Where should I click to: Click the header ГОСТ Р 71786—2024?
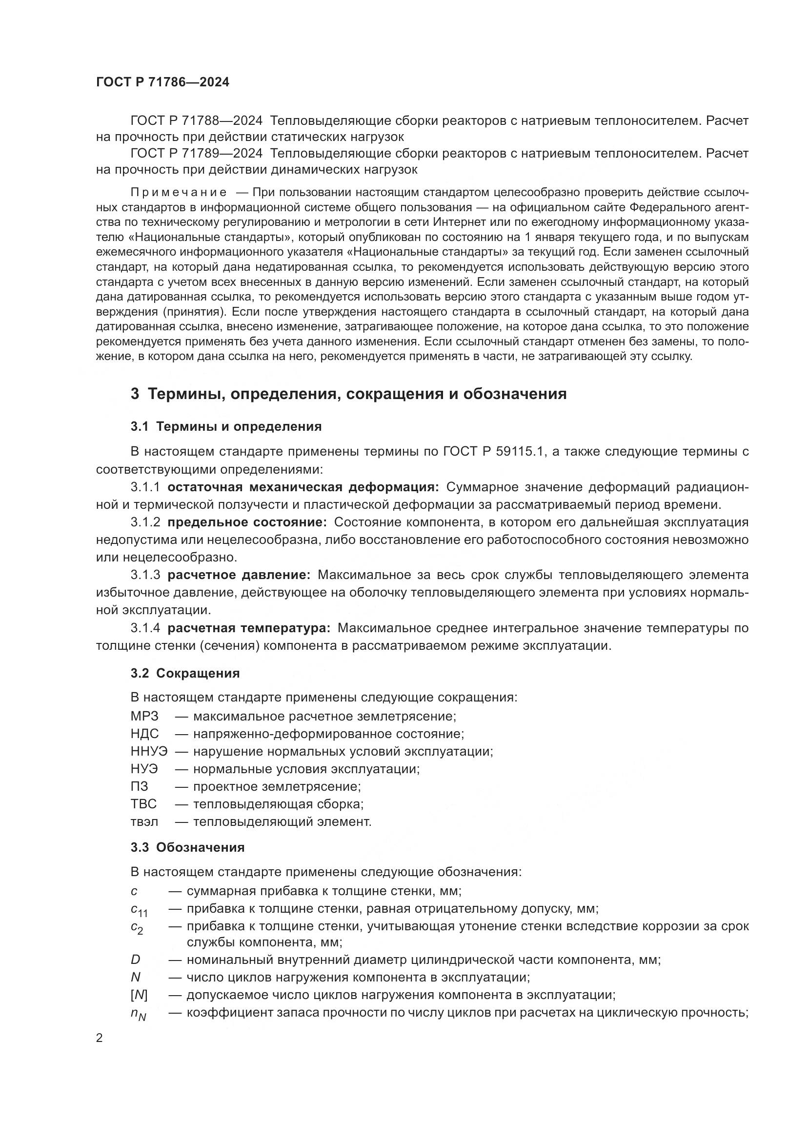point(162,82)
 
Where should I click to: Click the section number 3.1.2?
point(145,522)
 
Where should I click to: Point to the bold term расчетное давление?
point(239,575)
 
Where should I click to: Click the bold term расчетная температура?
point(249,628)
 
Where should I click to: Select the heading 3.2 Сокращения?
point(185,673)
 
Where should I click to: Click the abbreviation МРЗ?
point(144,717)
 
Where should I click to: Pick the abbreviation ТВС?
point(143,804)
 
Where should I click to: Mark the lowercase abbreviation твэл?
point(144,822)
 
